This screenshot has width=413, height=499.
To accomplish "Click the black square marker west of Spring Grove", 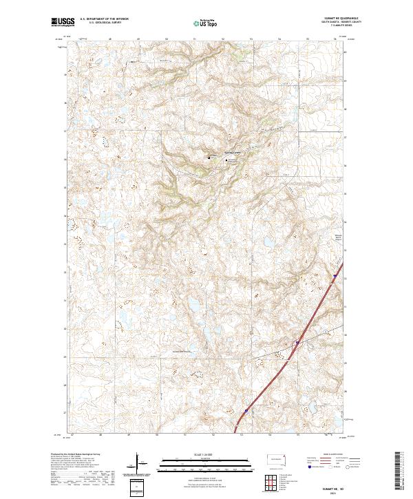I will click(x=209, y=160).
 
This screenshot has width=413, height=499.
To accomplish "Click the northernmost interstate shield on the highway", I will click(x=335, y=277).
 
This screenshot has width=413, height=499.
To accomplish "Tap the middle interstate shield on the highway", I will click(x=296, y=342).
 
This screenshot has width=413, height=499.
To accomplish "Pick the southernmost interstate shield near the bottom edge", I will click(x=246, y=409).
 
